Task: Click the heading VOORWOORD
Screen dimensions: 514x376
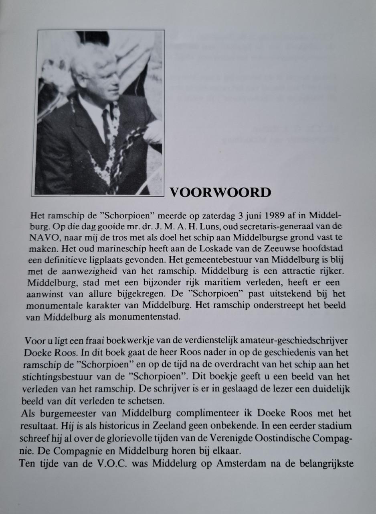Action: [220, 192]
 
